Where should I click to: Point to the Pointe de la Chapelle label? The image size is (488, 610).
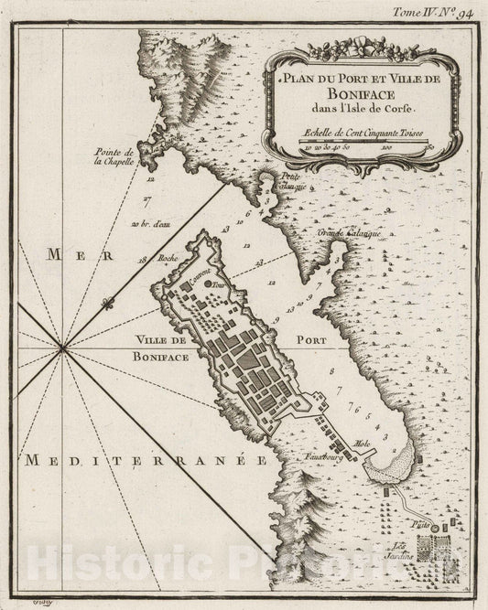(x=115, y=157)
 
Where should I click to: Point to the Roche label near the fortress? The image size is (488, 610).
(x=167, y=260)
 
